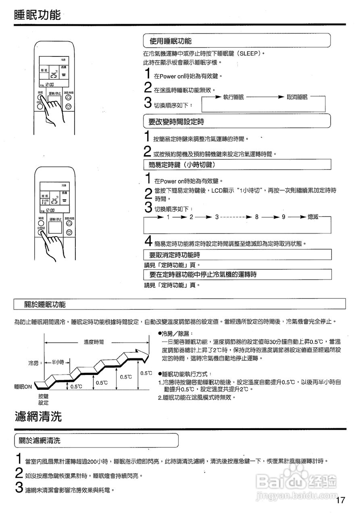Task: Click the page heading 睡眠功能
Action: pyautogui.click(x=37, y=15)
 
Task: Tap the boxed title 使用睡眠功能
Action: pyautogui.click(x=171, y=41)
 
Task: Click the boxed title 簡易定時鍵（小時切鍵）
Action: pyautogui.click(x=181, y=164)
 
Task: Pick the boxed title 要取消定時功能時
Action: pyautogui.click(x=175, y=255)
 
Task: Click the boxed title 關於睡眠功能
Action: pyautogui.click(x=45, y=304)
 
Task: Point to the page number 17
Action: pyautogui.click(x=341, y=500)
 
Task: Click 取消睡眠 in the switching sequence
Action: pyautogui.click(x=297, y=97)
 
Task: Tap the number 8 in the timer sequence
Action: pyautogui.click(x=256, y=217)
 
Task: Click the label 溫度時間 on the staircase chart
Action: pyautogui.click(x=94, y=342)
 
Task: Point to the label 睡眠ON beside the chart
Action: pyautogui.click(x=23, y=387)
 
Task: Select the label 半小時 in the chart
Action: pyautogui.click(x=58, y=362)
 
